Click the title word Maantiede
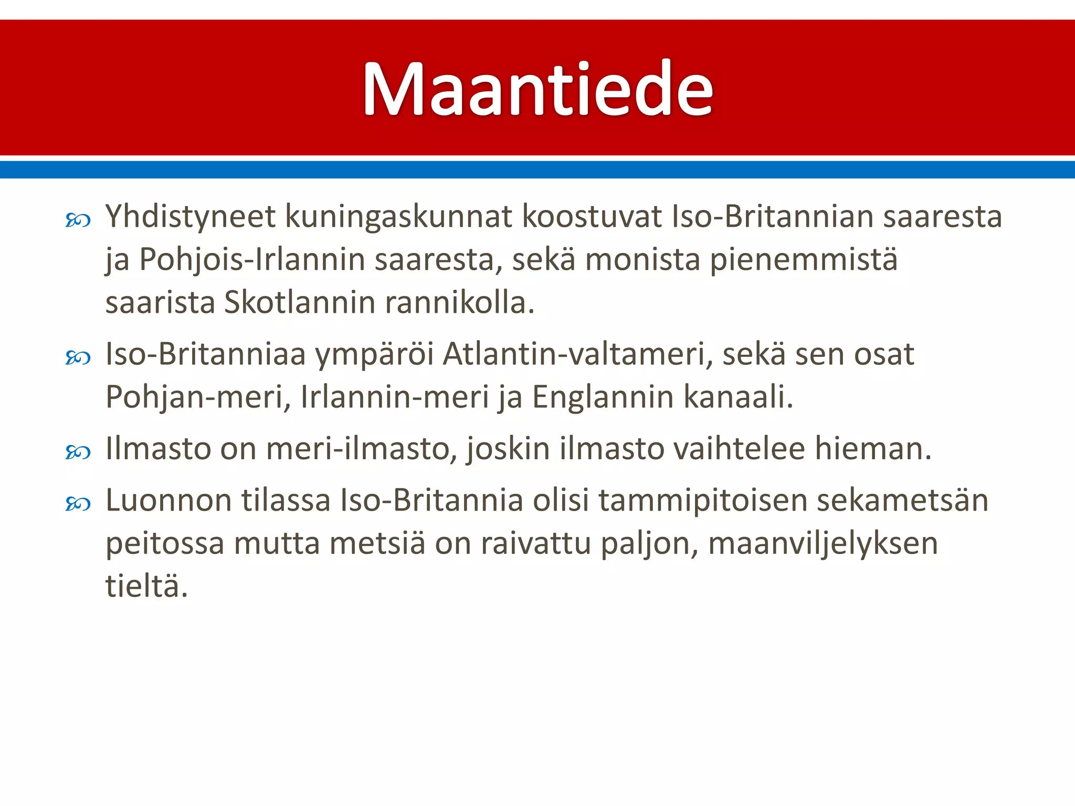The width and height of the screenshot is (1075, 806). [537, 89]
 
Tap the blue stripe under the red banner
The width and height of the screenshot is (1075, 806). [537, 169]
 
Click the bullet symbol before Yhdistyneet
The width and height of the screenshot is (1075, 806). [78, 220]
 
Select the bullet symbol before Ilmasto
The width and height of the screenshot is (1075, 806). [78, 452]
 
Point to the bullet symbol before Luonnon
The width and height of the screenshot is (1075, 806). [78, 504]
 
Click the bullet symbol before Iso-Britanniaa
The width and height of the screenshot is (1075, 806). [78, 358]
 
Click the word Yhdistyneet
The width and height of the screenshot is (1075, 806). [191, 217]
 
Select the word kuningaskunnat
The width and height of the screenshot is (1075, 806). [398, 217]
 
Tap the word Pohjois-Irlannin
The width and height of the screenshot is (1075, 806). [252, 260]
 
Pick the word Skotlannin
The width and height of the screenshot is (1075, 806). [299, 303]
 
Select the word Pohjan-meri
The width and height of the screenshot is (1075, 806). [198, 397]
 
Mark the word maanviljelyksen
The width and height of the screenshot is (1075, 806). [823, 544]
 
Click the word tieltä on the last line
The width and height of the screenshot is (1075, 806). [146, 586]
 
